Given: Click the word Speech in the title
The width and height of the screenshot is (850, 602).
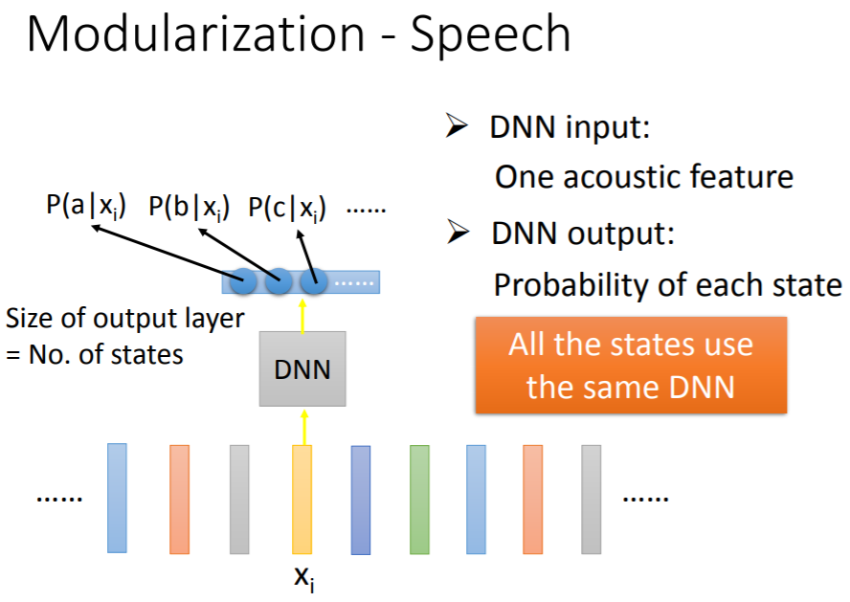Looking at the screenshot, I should (x=491, y=35).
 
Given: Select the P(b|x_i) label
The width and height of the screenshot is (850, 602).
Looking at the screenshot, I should (x=189, y=206).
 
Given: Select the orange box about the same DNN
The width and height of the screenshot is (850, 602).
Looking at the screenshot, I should (x=631, y=365).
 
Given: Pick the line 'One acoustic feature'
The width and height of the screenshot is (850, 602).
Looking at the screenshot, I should (x=643, y=177).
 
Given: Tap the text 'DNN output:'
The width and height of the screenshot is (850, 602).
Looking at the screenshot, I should (x=580, y=233).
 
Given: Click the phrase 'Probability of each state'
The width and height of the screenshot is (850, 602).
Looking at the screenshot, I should (x=667, y=284).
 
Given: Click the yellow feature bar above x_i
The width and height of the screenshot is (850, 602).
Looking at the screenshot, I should (x=302, y=499).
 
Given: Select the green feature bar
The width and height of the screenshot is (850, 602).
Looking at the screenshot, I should (x=419, y=499).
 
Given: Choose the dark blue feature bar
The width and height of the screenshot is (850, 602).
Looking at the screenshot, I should (x=361, y=500).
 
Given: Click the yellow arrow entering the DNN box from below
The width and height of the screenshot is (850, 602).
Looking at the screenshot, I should (x=303, y=426).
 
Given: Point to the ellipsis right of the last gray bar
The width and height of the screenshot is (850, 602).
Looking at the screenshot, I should (x=646, y=498).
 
